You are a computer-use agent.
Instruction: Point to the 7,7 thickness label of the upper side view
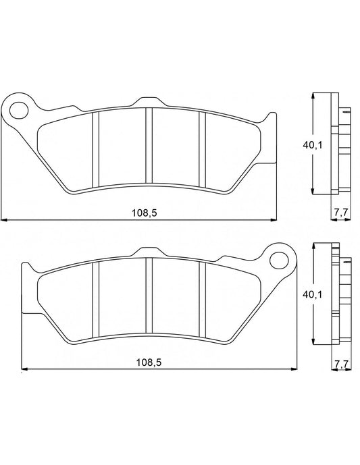(341, 213)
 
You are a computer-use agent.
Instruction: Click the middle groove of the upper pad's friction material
(149, 149)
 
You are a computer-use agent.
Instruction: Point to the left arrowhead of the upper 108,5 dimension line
(4, 220)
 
